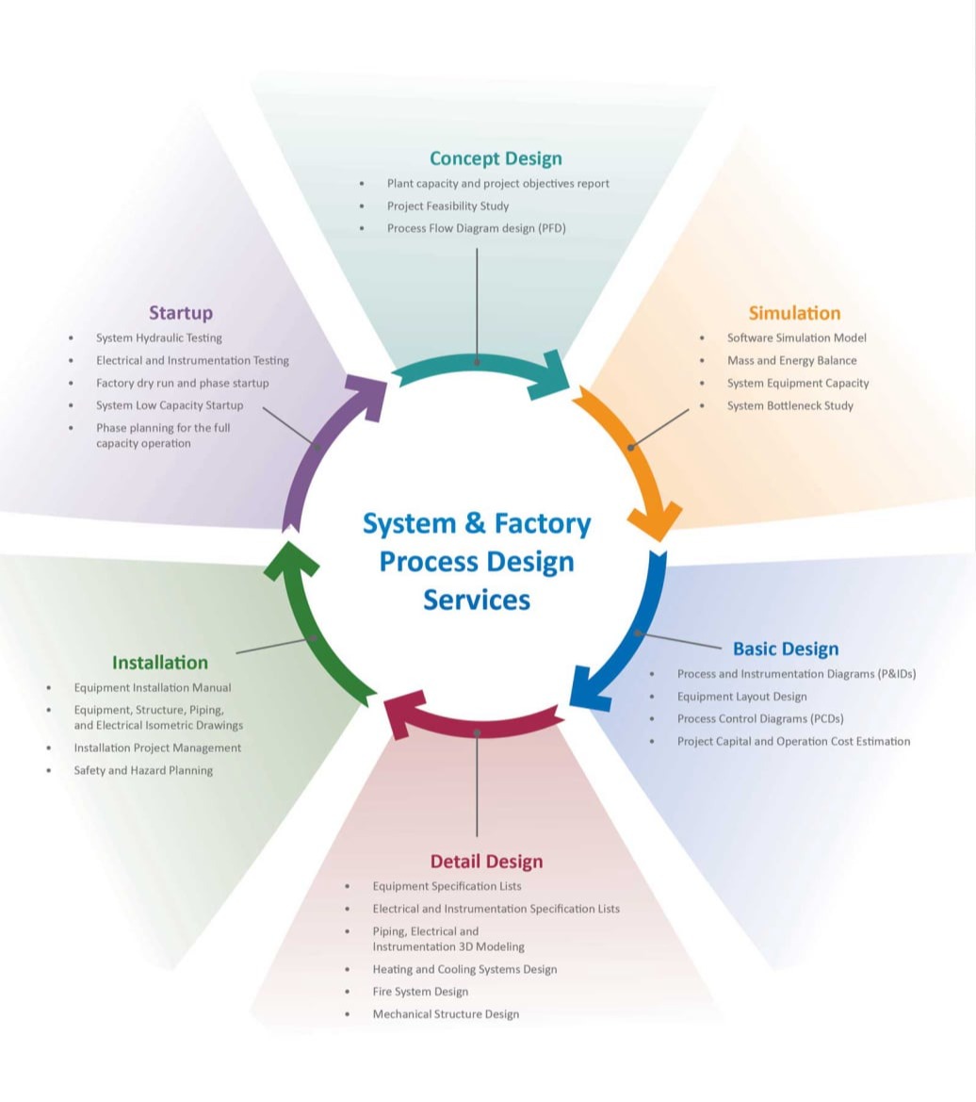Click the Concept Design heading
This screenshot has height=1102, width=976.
coord(496,158)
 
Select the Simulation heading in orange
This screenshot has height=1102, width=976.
coord(794,313)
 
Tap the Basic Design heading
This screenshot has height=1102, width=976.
coord(785,649)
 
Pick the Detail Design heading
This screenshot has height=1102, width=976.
coord(486,861)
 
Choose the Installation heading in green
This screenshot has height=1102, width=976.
coord(160,662)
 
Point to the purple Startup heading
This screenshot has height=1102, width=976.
coord(181,312)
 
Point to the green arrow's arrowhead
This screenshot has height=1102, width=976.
coord(289,558)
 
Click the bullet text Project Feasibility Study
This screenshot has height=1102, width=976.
coord(447,206)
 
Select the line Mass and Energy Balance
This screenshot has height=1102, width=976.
coord(791,360)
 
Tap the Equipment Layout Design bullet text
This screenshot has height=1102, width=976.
coord(741,697)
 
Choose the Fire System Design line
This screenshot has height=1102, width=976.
coord(420,992)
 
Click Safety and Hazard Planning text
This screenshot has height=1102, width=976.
coord(143,770)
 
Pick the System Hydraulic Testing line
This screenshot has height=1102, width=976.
coord(159,337)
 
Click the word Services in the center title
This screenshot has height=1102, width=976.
coord(477,600)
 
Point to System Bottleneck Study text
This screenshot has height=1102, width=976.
coord(789,405)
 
